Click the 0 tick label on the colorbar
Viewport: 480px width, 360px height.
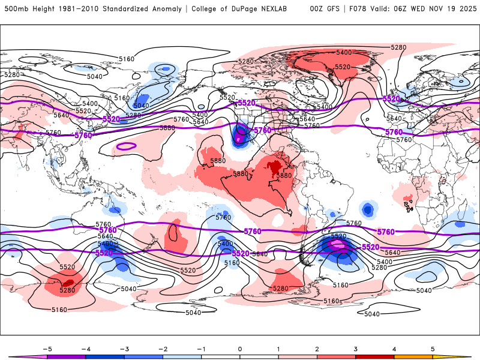coord(239,348)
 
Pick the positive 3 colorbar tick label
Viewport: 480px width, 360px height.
coord(356,348)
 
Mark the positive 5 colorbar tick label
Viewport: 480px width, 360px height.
coord(433,348)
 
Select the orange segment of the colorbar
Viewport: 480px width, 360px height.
coord(413,356)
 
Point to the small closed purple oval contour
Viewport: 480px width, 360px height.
coord(127,146)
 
